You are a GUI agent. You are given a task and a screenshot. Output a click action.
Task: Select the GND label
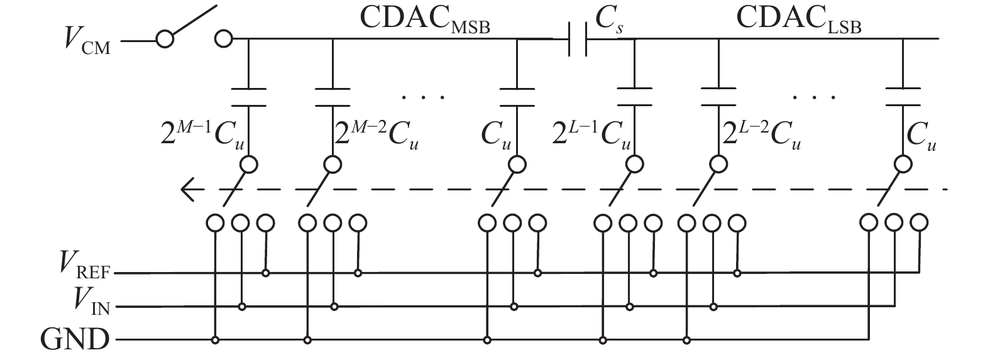point(74,341)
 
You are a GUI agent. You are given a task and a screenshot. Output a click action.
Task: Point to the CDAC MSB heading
point(425,20)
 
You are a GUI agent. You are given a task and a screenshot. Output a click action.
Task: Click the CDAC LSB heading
point(798,20)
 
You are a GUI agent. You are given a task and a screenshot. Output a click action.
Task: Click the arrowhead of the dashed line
point(186,189)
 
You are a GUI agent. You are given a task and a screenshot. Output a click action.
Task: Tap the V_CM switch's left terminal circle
point(165,40)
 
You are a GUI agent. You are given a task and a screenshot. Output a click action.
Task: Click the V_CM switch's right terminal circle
point(223,40)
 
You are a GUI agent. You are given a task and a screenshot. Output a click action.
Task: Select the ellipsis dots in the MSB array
point(423,97)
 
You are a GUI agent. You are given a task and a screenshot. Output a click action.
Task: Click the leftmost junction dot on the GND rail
point(215,341)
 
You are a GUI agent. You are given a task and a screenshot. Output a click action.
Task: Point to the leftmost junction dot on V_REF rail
point(266,273)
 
